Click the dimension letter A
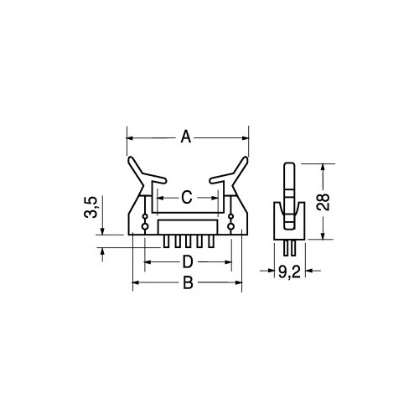186,137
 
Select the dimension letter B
188,282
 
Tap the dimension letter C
187,197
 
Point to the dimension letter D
188,262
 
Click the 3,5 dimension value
91,207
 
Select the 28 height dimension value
323,202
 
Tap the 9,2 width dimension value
289,272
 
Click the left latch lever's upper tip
131,159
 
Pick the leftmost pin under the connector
166,241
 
